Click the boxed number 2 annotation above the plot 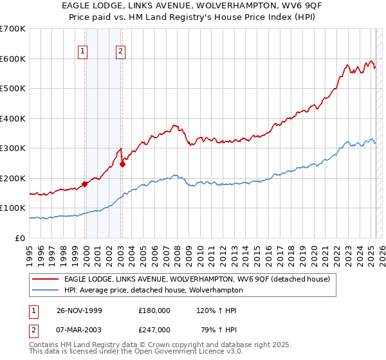[x=121, y=53]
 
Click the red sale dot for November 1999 [x=85, y=184]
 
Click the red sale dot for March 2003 [x=122, y=164]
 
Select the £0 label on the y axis [x=21, y=238]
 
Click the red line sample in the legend [x=46, y=279]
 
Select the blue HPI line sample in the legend [x=46, y=290]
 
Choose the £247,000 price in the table [x=154, y=330]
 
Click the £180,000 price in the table [x=154, y=310]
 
